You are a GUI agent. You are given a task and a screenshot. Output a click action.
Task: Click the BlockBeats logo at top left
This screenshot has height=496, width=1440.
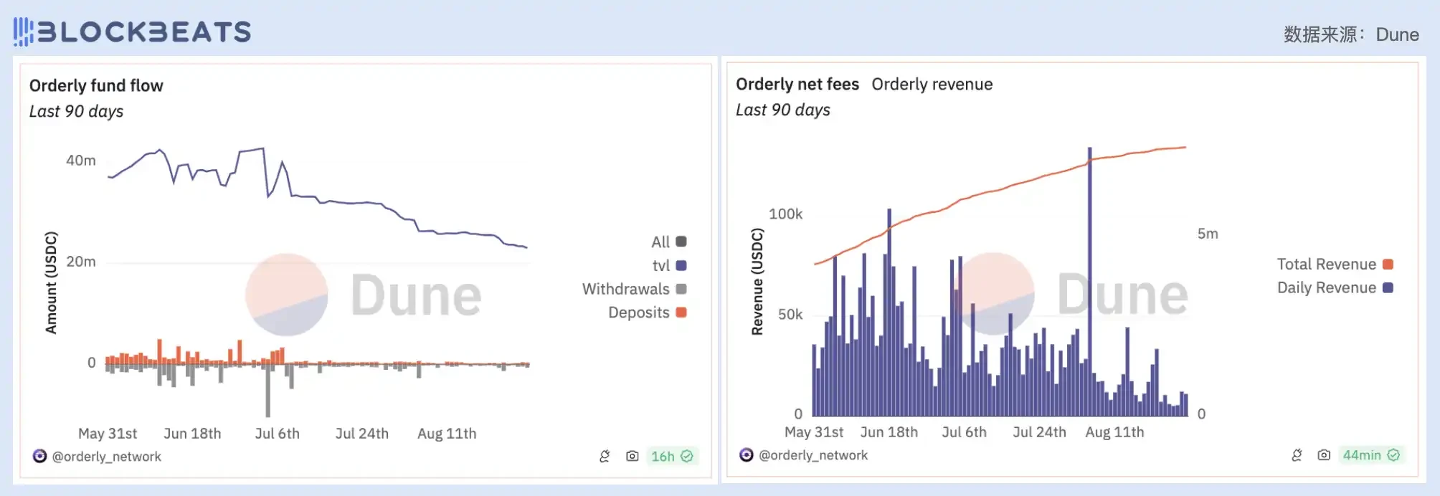pyautogui.click(x=133, y=32)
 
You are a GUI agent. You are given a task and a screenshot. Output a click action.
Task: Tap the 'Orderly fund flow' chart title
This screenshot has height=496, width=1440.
pyautogui.click(x=96, y=86)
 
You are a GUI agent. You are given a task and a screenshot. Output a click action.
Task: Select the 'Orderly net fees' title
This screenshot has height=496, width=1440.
pyautogui.click(x=797, y=85)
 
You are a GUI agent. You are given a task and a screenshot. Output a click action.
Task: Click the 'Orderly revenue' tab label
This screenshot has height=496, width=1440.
pyautogui.click(x=932, y=85)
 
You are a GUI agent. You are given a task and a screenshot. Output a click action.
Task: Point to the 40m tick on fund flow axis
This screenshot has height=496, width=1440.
pyautogui.click(x=80, y=161)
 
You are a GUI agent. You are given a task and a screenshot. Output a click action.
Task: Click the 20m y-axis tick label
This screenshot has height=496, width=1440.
pyautogui.click(x=80, y=262)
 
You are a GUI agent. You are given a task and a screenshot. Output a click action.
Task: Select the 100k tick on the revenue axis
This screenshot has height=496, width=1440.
pyautogui.click(x=785, y=214)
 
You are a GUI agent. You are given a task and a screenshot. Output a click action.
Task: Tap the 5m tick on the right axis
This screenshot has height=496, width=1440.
pyautogui.click(x=1208, y=234)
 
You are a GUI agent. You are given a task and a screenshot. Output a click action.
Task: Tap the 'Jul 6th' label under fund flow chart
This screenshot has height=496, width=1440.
pyautogui.click(x=277, y=434)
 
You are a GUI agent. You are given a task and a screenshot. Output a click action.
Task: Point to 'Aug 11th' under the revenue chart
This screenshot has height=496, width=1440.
pyautogui.click(x=1114, y=432)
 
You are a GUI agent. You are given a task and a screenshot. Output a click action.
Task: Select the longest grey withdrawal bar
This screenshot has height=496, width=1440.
pyautogui.click(x=268, y=391)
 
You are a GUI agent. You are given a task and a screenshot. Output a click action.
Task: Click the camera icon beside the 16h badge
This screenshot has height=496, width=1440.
pyautogui.click(x=632, y=457)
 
